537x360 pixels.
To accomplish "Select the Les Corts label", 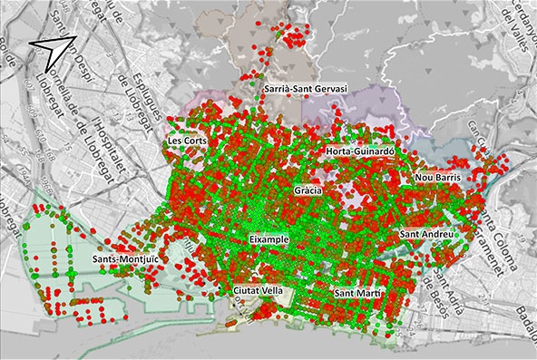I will (188, 143).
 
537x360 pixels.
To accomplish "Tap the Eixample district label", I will (268, 238).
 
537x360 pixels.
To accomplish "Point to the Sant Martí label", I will (356, 294).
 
